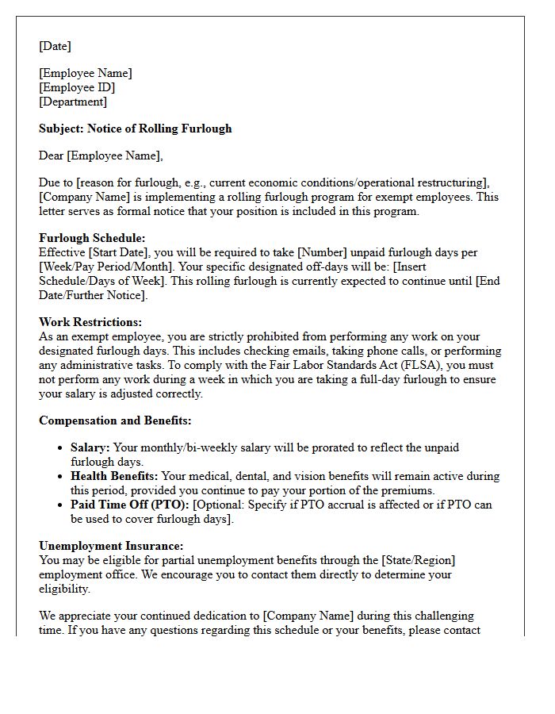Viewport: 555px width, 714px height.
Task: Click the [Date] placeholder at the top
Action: (x=55, y=47)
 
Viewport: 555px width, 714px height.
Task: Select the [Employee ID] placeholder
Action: (x=77, y=87)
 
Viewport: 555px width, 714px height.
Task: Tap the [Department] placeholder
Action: (x=73, y=102)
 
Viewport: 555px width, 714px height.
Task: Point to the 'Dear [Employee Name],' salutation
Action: (x=101, y=155)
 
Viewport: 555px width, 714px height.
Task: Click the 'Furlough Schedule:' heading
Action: (x=92, y=238)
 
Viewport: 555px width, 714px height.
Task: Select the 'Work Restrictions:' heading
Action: (x=90, y=323)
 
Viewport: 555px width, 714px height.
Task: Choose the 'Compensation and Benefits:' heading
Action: (x=115, y=420)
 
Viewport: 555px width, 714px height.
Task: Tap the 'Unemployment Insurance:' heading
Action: (x=111, y=547)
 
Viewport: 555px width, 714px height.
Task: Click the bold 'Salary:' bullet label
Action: (x=90, y=448)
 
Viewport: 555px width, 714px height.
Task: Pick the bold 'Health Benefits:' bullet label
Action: (x=114, y=477)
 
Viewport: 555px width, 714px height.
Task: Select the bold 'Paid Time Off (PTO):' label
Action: (x=130, y=505)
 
